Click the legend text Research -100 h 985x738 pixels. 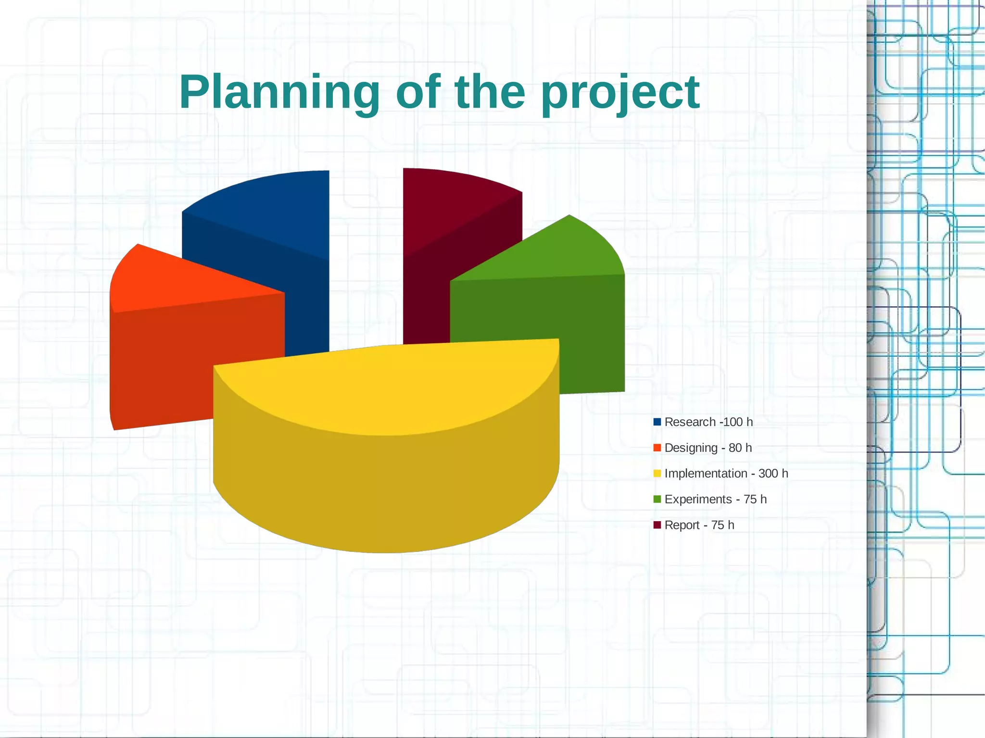click(708, 422)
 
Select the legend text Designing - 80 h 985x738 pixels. click(707, 448)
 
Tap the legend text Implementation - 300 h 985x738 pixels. click(726, 474)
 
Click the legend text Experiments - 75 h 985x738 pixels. click(715, 500)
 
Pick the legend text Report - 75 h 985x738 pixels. click(699, 525)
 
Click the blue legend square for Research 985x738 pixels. click(657, 422)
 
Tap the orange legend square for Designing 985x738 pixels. click(657, 448)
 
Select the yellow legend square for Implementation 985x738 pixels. click(657, 474)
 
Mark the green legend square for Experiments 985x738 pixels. click(657, 500)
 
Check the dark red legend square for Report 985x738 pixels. click(657, 525)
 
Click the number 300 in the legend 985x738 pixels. click(768, 474)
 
